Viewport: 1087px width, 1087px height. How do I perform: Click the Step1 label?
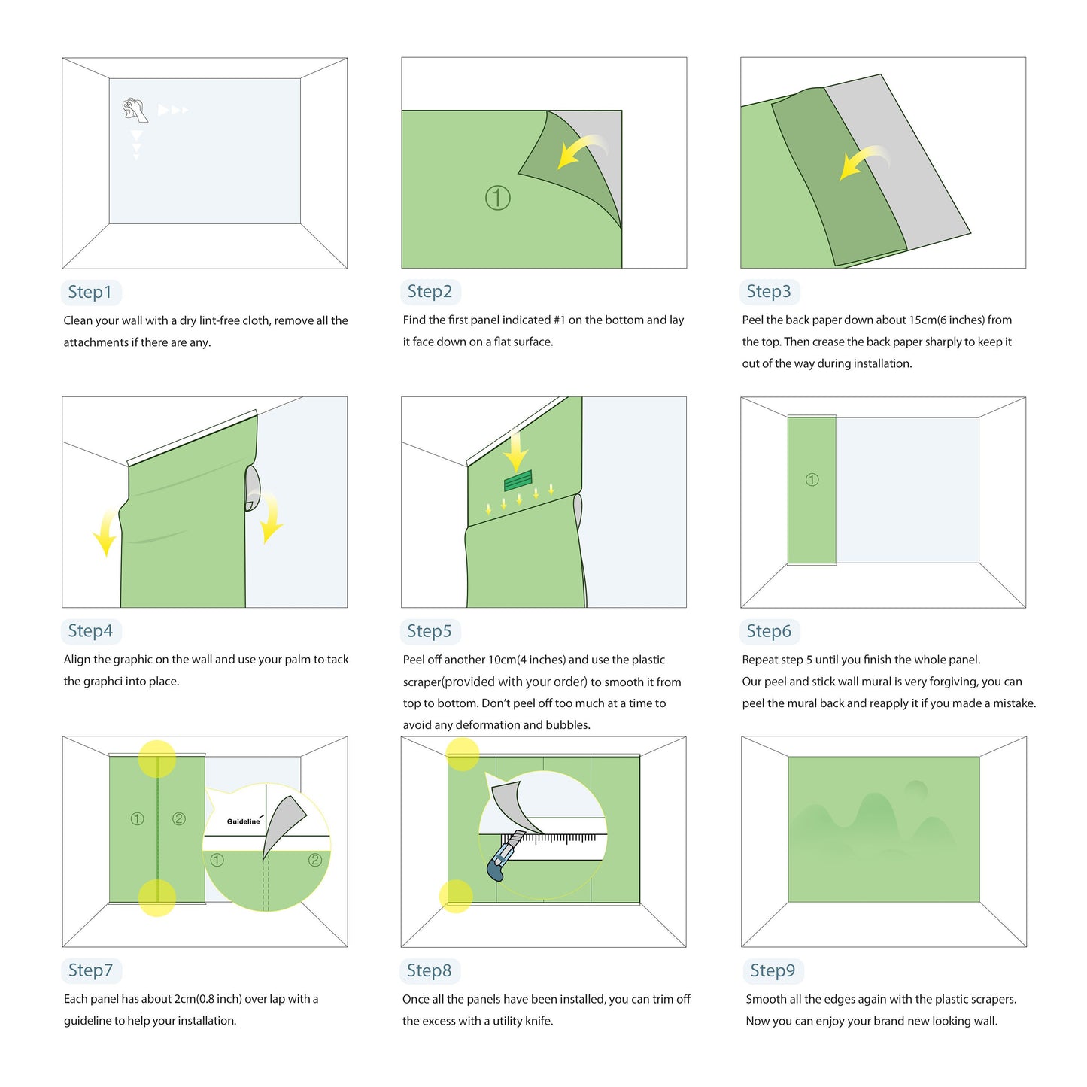90,292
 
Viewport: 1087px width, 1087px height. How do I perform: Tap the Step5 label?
429,631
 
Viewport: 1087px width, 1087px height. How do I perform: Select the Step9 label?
772,970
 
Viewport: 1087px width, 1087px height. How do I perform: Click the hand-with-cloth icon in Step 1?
135,110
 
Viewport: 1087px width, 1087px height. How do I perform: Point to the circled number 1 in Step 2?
497,198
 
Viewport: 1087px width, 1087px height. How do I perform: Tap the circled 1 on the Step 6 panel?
812,480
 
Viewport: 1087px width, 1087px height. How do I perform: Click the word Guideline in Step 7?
243,821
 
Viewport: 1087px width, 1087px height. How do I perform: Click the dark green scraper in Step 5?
518,481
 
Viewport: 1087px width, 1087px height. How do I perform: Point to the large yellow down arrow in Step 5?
515,450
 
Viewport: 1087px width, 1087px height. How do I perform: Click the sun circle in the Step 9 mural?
915,791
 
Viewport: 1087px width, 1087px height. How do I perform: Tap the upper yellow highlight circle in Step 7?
157,758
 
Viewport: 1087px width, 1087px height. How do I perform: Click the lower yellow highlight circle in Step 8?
456,895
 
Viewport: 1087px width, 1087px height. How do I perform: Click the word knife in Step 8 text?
539,1021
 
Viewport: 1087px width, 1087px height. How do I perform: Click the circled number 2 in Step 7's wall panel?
179,818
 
